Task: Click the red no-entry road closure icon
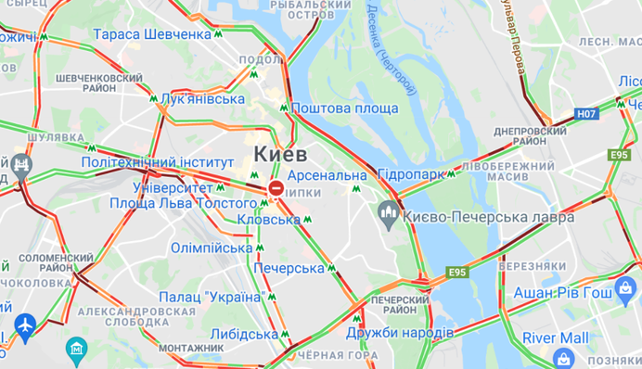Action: tap(276, 189)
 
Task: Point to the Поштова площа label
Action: tap(344, 108)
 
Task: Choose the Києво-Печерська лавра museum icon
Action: tap(390, 215)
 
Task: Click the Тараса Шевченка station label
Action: tap(152, 34)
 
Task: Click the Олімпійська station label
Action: tap(212, 248)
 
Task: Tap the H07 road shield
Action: tap(584, 114)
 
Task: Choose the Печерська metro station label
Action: tap(287, 268)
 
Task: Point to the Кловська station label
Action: tap(268, 220)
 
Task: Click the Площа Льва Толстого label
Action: tap(183, 203)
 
